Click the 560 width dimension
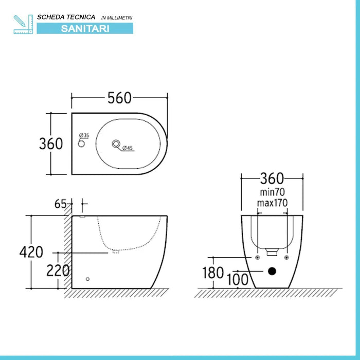[x=119, y=97]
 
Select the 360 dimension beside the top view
[x=51, y=143]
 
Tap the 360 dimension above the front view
[x=272, y=178]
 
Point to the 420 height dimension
[x=31, y=252]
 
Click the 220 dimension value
[x=58, y=270]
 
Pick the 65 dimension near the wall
[x=61, y=204]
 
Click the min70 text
[x=272, y=192]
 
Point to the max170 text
[x=272, y=203]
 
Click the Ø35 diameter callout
[x=84, y=136]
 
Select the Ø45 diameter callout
[x=128, y=148]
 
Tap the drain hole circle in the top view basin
[x=116, y=143]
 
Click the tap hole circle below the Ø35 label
[x=80, y=144]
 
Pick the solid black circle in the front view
[x=273, y=271]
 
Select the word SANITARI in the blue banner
[x=85, y=29]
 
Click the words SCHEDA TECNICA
[x=66, y=17]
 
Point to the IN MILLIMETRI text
[x=117, y=18]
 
